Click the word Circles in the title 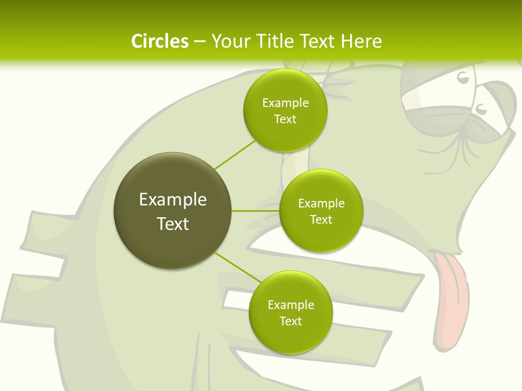pos(159,41)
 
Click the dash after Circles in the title pos(200,42)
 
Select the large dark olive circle pos(172,211)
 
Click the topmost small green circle pos(285,110)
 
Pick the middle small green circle pos(321,211)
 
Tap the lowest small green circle pos(290,312)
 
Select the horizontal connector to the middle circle pos(255,210)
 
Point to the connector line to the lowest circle pos(238,268)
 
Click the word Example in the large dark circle pos(172,200)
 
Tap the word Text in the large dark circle pos(172,224)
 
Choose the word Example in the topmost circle pos(285,103)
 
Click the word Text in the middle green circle pos(321,219)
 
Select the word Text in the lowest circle pos(290,321)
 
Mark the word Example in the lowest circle pos(290,305)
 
